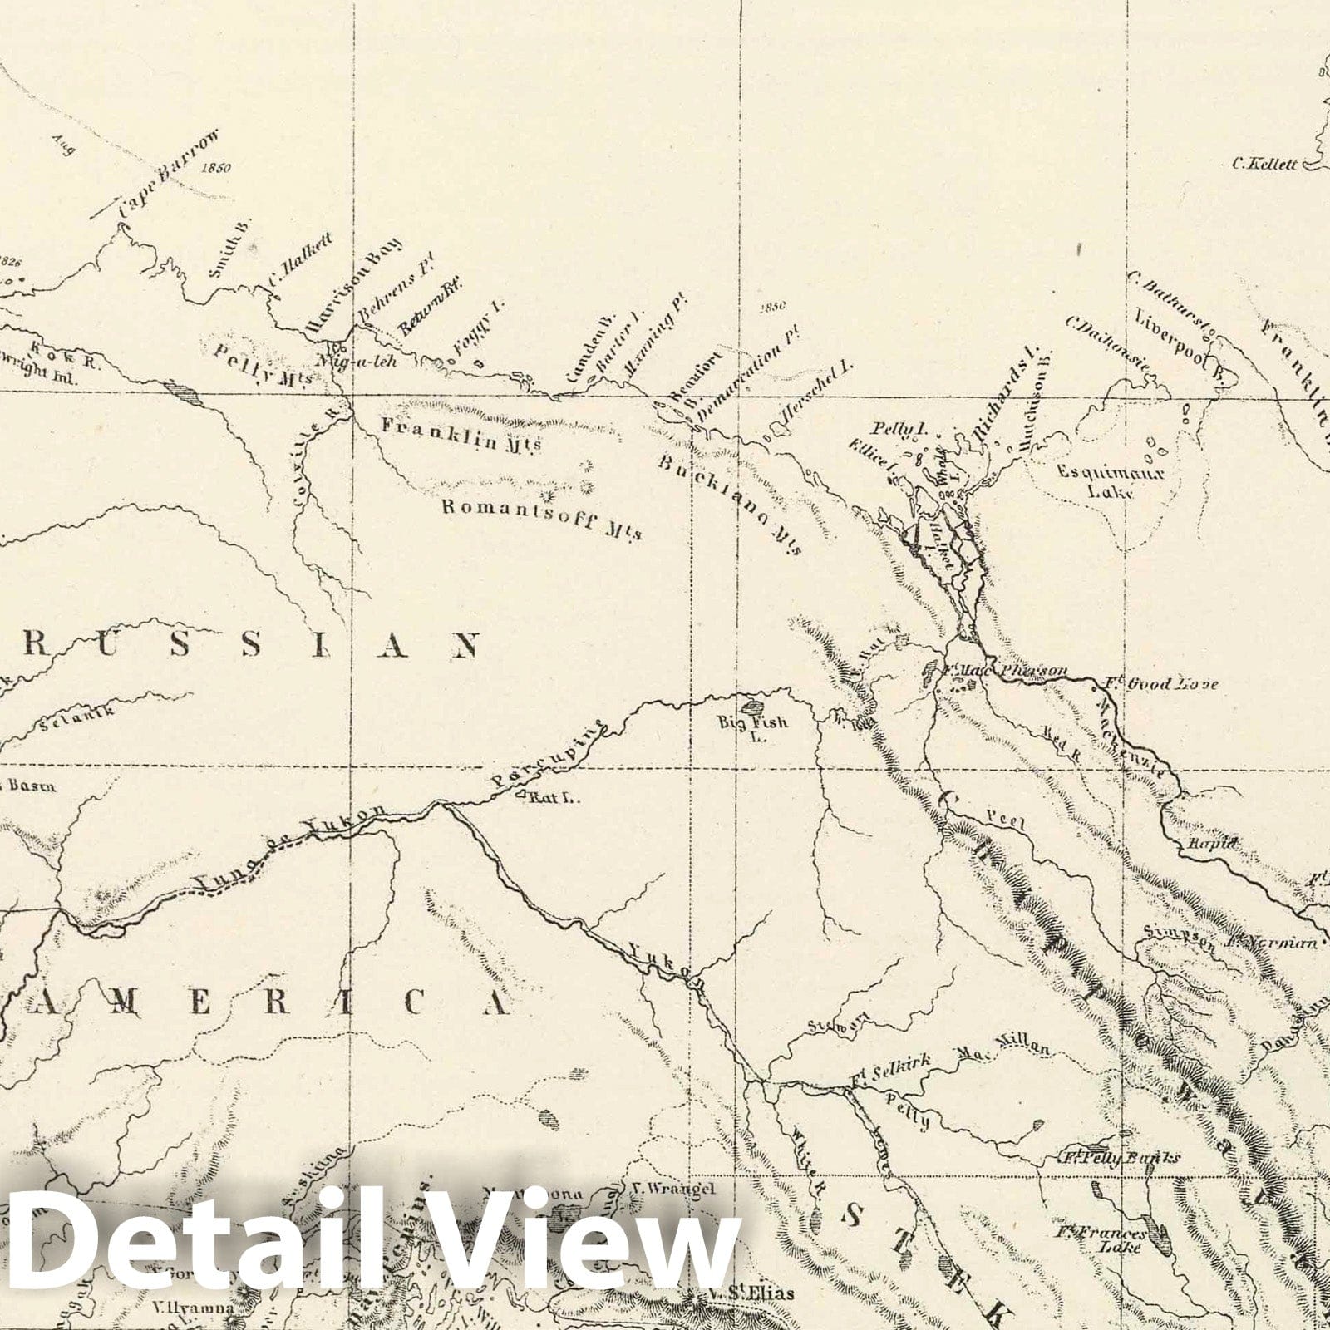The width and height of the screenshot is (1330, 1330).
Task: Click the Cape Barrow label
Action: click(170, 175)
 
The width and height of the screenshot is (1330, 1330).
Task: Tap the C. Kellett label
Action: click(1264, 165)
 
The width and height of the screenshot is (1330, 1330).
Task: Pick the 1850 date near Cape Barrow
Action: click(215, 168)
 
